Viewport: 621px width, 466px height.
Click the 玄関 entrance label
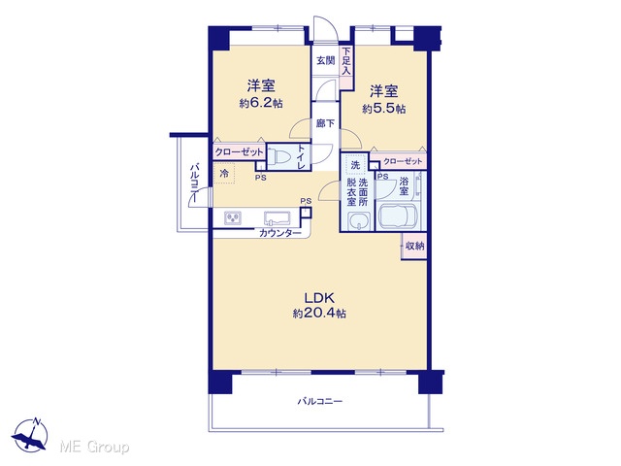point(326,60)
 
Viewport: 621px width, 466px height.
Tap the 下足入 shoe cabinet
point(346,67)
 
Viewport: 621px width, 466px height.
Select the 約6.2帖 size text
point(261,104)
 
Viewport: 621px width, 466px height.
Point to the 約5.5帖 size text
point(384,108)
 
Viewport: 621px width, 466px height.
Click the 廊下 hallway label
point(326,123)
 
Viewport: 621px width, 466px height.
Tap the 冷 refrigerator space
point(224,174)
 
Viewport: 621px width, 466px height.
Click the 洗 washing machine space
point(355,165)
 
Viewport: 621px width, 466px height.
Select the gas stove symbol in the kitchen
point(233,217)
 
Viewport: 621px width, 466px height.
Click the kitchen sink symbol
point(278,218)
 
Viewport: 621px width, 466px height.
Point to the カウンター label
point(280,233)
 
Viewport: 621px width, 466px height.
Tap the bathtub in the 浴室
point(399,216)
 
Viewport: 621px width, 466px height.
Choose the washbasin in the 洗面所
point(359,220)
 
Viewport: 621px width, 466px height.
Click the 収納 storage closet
point(414,246)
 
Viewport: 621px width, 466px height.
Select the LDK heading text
point(319,298)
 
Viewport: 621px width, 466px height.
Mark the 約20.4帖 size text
point(319,314)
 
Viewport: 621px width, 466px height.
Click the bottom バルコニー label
point(320,401)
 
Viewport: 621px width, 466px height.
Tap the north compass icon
point(30,435)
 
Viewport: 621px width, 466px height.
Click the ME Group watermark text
point(94,447)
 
